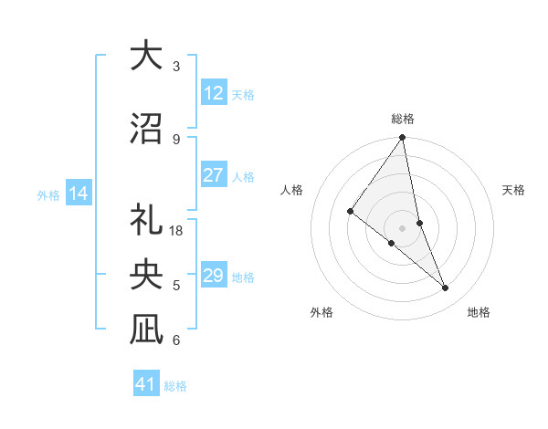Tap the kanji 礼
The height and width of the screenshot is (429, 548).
tap(146, 221)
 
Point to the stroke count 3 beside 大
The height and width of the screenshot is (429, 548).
tap(176, 67)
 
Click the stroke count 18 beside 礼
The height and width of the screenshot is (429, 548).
tap(177, 231)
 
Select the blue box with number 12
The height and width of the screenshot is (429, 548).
tap(214, 93)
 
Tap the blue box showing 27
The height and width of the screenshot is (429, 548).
tap(214, 175)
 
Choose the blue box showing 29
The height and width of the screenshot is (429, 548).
tap(214, 276)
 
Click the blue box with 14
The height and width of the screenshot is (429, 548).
tap(79, 194)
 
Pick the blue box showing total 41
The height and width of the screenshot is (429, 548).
tap(146, 384)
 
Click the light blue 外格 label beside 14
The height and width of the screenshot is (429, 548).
tap(48, 194)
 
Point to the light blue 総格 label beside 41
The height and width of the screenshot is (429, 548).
tap(175, 386)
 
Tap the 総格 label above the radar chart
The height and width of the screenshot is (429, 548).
tap(403, 119)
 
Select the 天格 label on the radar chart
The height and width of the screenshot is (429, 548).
tap(514, 190)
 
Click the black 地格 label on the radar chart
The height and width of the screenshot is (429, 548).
tap(479, 313)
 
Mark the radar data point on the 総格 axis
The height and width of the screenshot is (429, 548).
tap(403, 138)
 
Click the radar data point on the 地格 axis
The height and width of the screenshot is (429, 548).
tap(446, 288)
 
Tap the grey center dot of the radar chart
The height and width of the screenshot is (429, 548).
tap(403, 227)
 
